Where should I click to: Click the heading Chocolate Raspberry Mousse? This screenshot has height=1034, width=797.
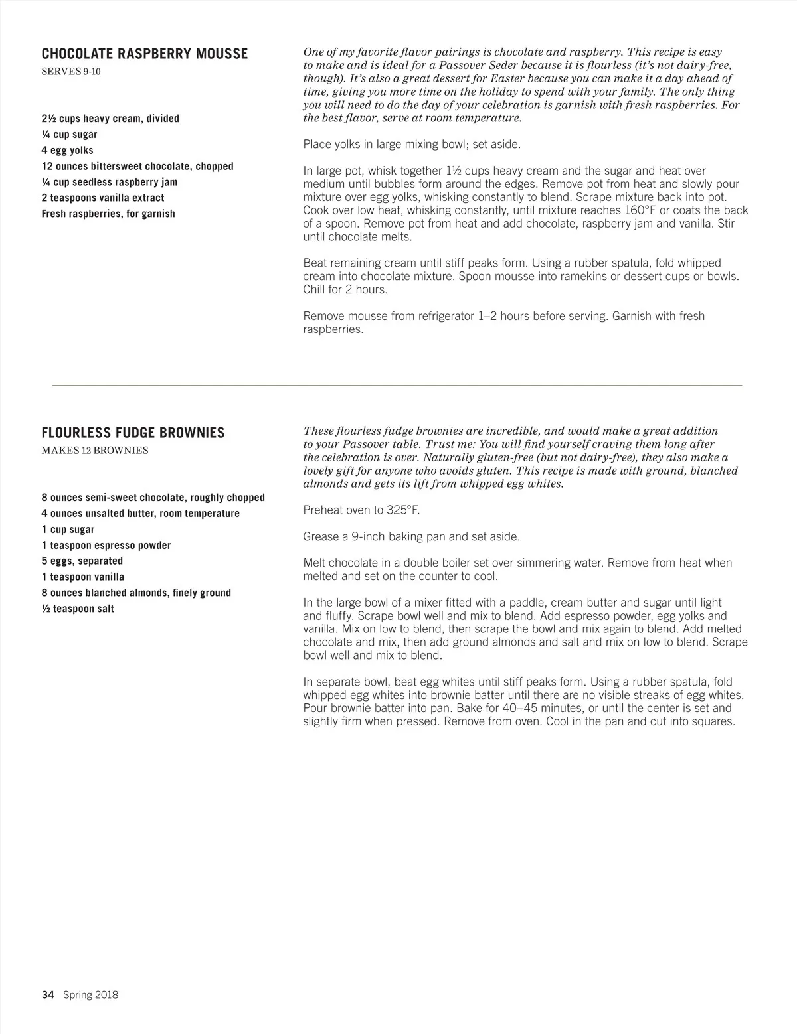coord(145,54)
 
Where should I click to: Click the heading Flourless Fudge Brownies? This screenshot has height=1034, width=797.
coord(133,433)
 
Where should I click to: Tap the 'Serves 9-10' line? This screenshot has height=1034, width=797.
coord(71,72)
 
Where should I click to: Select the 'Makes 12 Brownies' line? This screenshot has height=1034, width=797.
coord(95,451)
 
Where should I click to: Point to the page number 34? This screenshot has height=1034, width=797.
coord(47,994)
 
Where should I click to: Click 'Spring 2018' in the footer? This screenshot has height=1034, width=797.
coord(91,994)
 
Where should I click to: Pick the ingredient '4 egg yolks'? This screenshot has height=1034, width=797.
coord(67,151)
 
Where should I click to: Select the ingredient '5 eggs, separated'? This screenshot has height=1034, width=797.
coord(82,561)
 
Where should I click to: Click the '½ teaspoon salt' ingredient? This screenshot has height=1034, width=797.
coord(78,609)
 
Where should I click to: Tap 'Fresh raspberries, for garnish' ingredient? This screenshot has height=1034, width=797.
coord(108,214)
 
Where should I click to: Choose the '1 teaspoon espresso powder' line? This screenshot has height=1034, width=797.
coord(106,546)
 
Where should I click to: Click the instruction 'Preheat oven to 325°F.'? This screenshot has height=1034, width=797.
coord(361,510)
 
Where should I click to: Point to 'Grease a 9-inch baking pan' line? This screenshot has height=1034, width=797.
coord(411,536)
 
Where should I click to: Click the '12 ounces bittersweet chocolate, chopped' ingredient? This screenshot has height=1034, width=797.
coord(137,167)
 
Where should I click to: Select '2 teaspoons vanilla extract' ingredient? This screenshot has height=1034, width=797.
coord(103,198)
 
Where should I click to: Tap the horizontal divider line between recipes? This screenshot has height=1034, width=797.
coord(397,385)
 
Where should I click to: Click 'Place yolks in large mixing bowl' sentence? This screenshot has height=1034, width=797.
coord(412,144)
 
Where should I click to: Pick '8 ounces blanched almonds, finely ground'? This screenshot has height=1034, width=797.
coord(136,593)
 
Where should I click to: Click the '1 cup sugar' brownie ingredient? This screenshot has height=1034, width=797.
coord(68,530)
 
